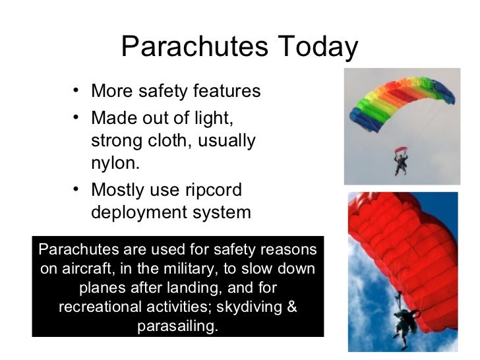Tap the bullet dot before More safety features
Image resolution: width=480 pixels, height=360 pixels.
click(78, 89)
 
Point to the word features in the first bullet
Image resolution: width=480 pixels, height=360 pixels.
click(226, 90)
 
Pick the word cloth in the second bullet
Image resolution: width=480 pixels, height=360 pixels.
click(165, 142)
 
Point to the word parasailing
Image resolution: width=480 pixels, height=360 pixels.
click(177, 326)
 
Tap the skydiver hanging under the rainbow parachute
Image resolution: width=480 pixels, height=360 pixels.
click(400, 161)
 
